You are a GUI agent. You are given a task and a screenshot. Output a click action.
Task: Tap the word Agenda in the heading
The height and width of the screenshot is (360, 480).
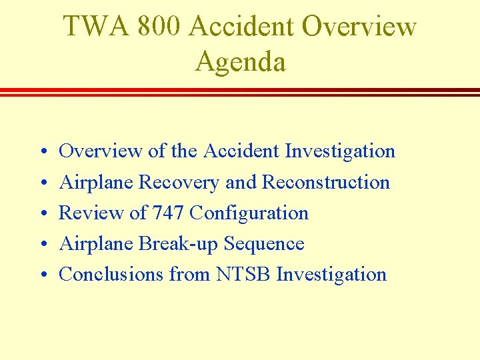pos(240,62)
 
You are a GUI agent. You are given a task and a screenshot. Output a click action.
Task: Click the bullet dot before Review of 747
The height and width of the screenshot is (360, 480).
pos(41,214)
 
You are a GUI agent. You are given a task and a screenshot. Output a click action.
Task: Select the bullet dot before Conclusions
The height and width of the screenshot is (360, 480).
pos(41,275)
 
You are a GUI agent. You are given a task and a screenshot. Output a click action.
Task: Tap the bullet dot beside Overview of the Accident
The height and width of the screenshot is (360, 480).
pos(41,152)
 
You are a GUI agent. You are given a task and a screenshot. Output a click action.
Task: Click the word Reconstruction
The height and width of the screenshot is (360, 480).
pos(326,182)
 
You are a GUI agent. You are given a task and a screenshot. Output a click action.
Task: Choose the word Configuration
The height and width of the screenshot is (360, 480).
pos(249,213)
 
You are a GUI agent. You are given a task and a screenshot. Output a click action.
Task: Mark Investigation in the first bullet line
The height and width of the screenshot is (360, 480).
pos(340,151)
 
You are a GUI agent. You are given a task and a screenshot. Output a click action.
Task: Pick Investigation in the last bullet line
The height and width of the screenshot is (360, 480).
pos(331,275)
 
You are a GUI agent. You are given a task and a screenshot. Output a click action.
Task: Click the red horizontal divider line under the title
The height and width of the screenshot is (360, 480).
pos(240,91)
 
